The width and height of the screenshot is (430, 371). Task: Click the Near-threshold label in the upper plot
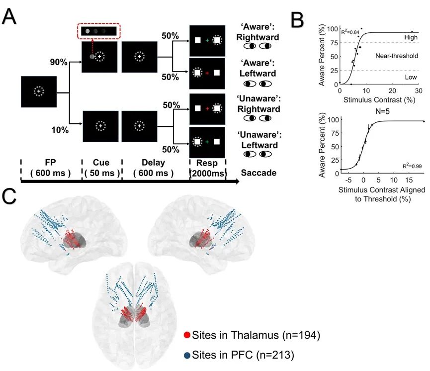395,56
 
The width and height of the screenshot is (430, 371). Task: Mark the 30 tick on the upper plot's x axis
418,90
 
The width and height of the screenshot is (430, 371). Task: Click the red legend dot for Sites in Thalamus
187,336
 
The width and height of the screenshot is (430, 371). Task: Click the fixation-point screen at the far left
39,92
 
